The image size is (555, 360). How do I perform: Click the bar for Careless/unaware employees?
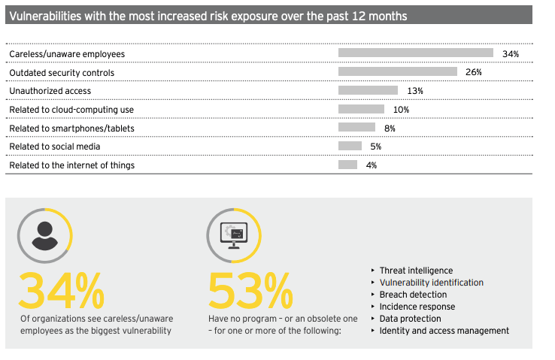pos(416,53)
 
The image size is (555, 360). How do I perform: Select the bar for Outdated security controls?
pos(398,71)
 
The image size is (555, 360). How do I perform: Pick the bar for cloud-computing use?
pos(361,109)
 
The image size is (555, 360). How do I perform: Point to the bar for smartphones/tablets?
pos(356,128)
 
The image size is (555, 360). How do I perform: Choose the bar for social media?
pos(350,146)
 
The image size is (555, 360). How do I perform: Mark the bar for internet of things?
pos(347,165)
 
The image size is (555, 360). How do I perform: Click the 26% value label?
pos(473,72)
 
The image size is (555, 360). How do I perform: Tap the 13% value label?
pos(414,91)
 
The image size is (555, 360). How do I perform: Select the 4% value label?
pos(371,165)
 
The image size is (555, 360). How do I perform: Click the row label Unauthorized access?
pos(50,91)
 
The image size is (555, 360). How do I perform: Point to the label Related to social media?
pos(54,147)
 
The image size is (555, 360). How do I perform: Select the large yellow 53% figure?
pos(250,289)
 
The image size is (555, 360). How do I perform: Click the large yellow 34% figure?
pos(62,289)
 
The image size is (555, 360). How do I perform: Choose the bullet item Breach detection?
pos(413,295)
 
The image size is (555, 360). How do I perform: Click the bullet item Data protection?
pos(411,319)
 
